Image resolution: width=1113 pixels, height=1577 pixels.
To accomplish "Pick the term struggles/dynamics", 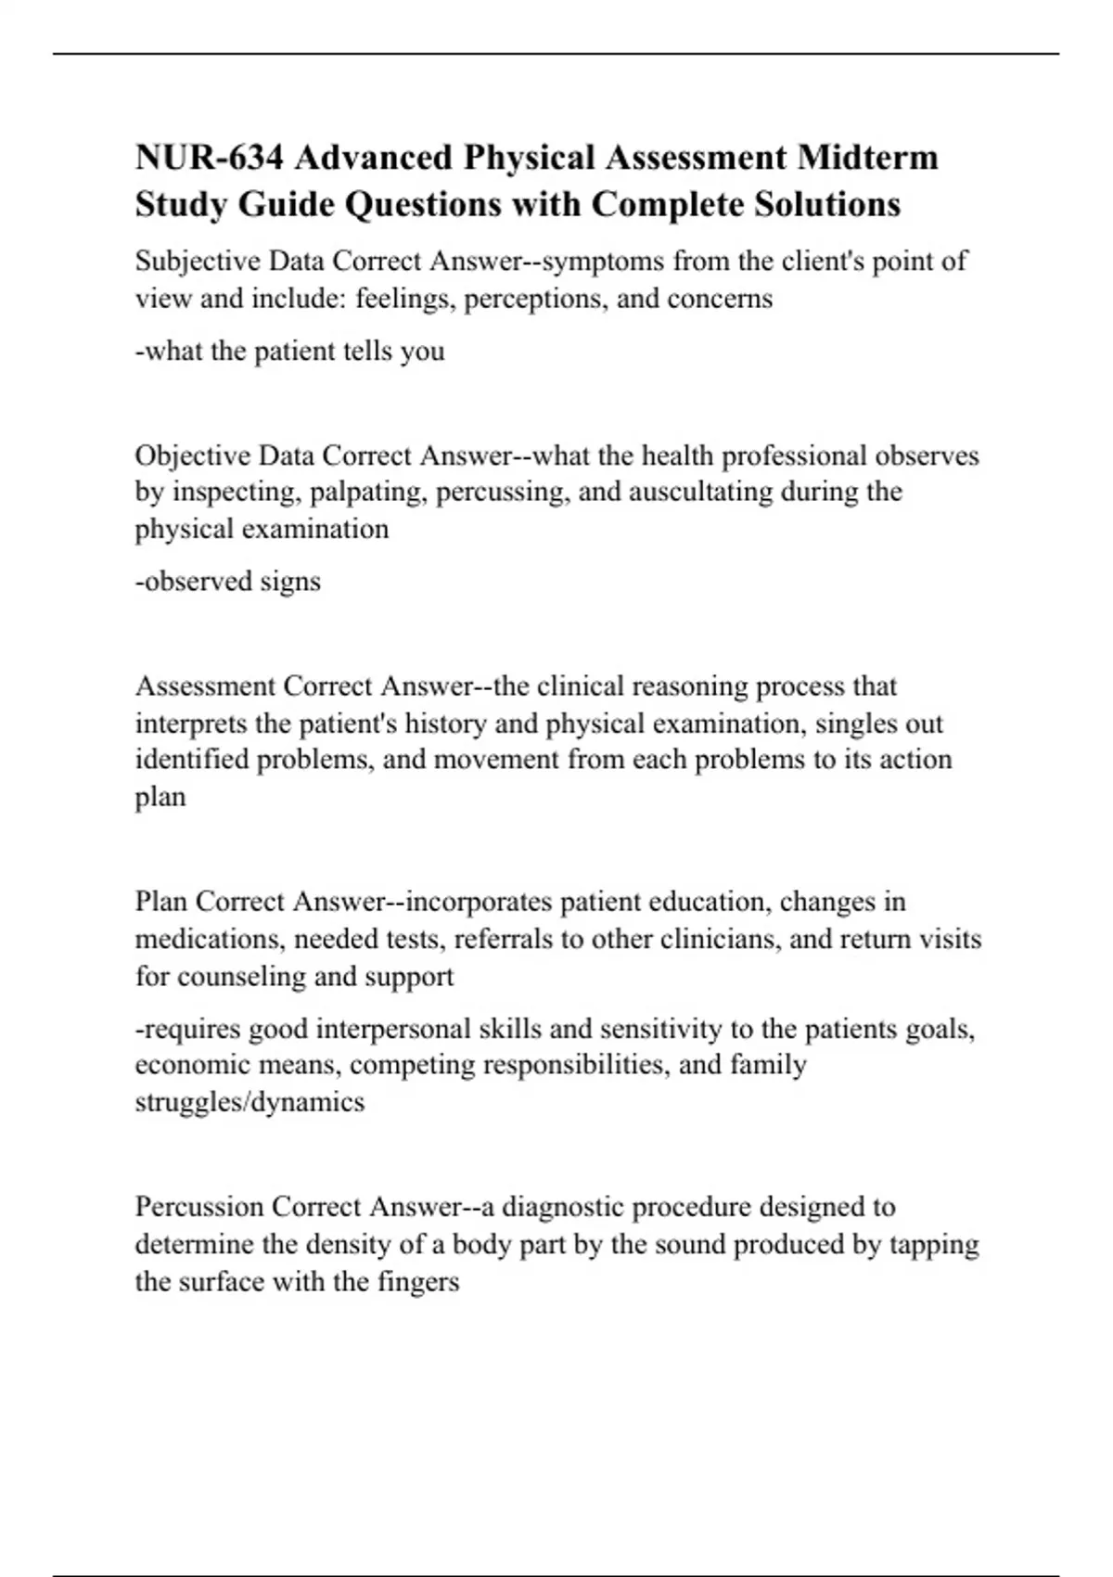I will click(x=249, y=1102).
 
